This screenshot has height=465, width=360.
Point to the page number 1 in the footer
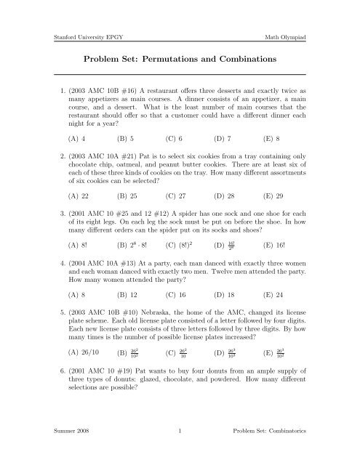coord(179,451)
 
